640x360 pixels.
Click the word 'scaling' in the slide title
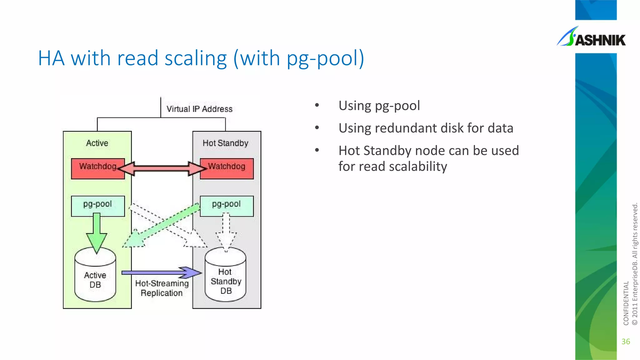tap(196, 58)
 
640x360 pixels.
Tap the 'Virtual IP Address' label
tap(199, 109)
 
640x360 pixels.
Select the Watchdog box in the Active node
tap(97, 169)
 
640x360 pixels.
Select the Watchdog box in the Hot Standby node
tap(227, 169)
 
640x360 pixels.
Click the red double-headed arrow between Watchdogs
tap(162, 169)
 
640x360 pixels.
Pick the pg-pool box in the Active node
tap(98, 206)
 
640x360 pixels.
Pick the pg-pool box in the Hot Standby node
tap(227, 206)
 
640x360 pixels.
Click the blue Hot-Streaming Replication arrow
tap(161, 272)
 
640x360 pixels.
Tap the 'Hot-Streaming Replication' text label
tap(162, 288)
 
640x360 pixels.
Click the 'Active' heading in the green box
tap(97, 143)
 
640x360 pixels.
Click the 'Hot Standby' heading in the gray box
tap(225, 143)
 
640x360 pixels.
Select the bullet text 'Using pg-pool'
tap(379, 106)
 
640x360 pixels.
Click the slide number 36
tap(626, 342)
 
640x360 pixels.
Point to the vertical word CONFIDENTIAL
tap(626, 303)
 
